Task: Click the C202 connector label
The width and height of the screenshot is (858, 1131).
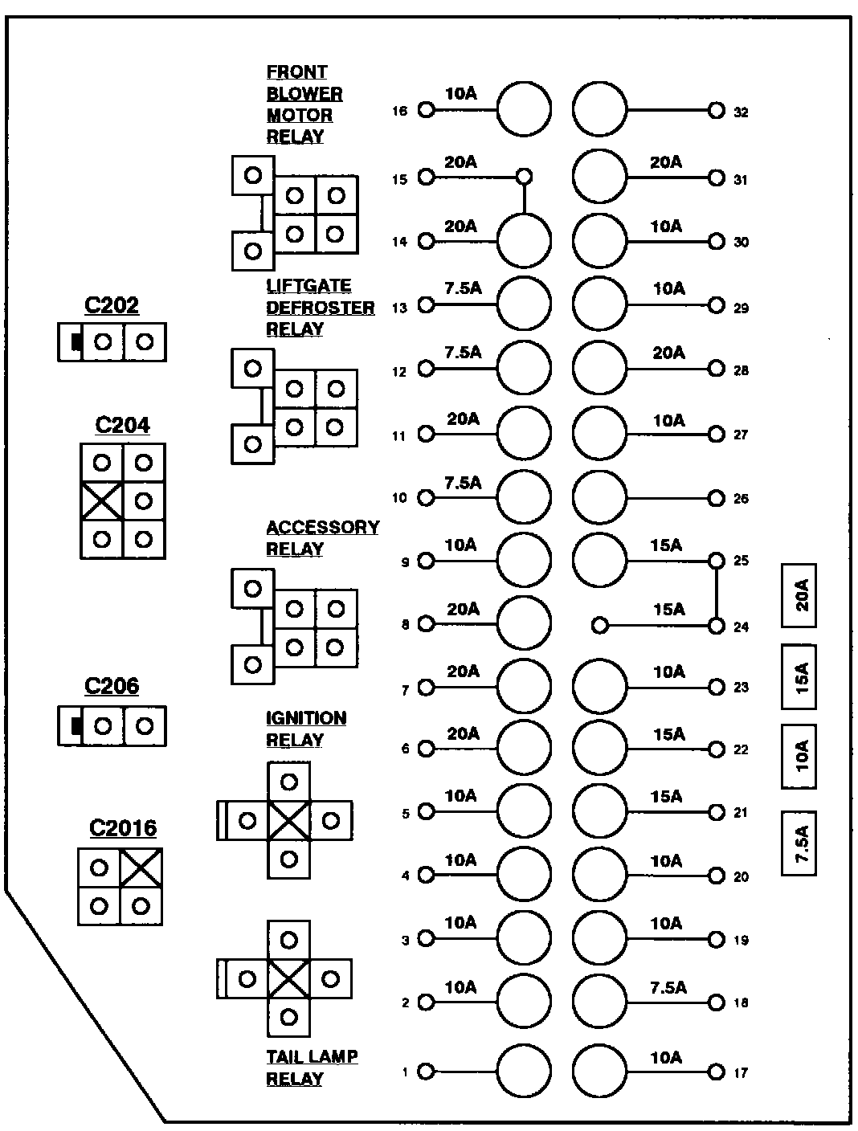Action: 111,305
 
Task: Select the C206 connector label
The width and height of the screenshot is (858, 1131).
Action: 111,686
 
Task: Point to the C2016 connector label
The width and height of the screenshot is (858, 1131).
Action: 123,827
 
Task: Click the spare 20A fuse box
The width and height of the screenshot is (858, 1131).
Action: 799,595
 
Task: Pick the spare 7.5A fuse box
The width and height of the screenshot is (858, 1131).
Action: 799,843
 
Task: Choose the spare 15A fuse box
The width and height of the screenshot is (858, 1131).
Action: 799,677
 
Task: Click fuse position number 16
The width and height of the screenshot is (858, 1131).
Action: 399,111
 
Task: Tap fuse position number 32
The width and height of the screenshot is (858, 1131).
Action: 741,112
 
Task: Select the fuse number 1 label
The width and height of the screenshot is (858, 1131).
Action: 406,1072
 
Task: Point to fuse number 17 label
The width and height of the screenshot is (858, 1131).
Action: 741,1072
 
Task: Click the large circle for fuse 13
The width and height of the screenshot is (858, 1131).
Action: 524,304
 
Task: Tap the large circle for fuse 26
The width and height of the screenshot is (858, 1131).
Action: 599,496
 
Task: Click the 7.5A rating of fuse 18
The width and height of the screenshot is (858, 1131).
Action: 668,987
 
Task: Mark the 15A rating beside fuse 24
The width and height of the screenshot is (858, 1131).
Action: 668,610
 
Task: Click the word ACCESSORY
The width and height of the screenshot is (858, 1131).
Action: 322,528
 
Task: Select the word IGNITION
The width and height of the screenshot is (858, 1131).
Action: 306,718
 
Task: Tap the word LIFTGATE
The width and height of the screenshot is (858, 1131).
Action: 308,286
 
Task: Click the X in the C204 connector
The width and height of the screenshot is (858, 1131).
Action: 102,501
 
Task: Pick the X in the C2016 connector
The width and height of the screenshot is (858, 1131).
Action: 141,868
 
